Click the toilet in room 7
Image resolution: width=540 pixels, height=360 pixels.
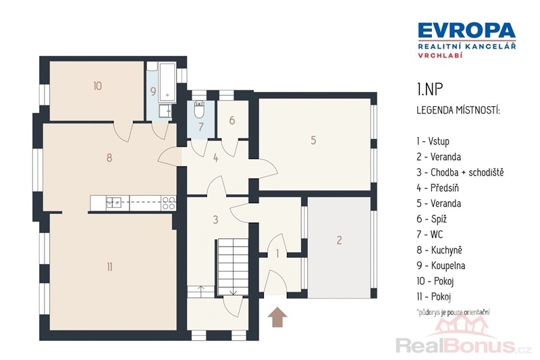199,109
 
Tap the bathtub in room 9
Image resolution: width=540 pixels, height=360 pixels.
167,82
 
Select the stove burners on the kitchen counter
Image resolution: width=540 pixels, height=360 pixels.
168,203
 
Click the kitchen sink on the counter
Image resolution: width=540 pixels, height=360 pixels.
113,203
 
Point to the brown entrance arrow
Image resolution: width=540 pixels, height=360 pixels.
277,317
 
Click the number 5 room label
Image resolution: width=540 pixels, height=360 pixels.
313,140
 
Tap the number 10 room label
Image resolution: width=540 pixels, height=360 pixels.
97,86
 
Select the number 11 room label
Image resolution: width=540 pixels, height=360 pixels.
109,267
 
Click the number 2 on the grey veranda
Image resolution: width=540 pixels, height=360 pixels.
340,240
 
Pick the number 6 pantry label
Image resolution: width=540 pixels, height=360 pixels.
232,120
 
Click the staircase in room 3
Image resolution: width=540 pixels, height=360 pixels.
232,267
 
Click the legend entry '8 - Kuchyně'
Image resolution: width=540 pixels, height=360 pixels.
439,250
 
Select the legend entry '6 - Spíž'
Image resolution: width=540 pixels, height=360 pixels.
431,219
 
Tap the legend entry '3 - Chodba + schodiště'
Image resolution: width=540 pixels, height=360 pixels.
460,172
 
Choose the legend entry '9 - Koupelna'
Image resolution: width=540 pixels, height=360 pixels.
441,265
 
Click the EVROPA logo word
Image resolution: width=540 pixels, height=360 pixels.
466,30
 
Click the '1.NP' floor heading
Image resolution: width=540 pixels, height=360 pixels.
429,89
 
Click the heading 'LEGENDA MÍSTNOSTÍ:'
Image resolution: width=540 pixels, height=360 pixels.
458,111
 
